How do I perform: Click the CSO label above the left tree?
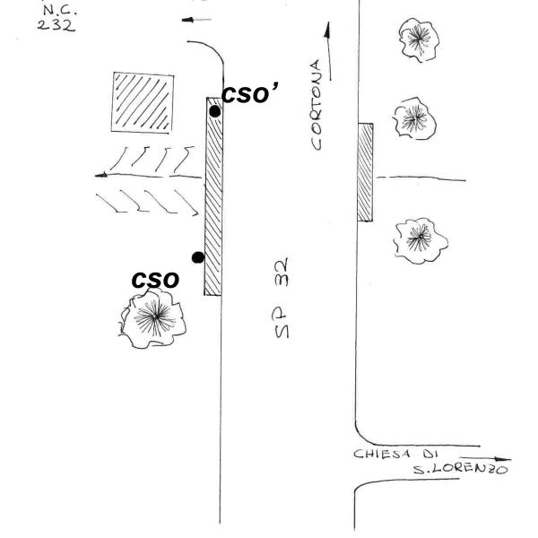point(156,280)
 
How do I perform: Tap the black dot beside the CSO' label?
point(214,111)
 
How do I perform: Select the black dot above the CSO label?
point(198,257)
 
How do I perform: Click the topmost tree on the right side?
point(415,38)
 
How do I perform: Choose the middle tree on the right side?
point(413,117)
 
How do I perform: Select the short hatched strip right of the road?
point(364,172)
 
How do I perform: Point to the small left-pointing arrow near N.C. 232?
point(201,19)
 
